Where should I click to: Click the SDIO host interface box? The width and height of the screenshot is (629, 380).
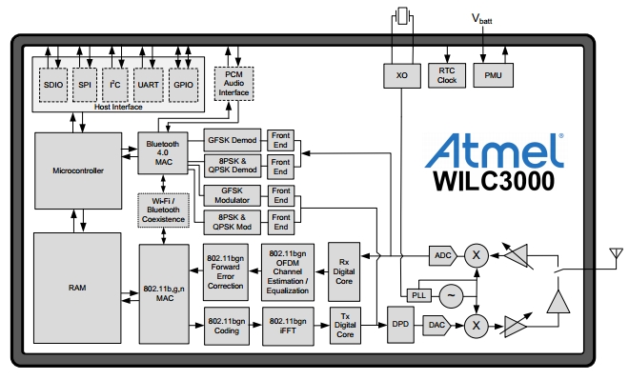[53, 84]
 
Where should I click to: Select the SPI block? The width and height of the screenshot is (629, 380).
[85, 84]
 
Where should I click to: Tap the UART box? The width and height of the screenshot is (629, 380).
[147, 84]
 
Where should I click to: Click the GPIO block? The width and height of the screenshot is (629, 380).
[181, 84]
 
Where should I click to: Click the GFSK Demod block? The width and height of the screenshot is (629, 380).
[233, 138]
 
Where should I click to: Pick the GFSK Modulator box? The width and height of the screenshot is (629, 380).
[233, 194]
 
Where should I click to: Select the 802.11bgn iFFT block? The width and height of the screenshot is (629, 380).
[288, 324]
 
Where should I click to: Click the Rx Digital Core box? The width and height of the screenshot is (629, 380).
[345, 261]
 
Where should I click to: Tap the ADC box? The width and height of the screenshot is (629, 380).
[442, 254]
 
